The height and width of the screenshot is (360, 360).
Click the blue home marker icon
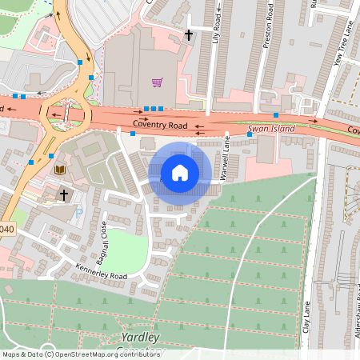(x=180, y=172)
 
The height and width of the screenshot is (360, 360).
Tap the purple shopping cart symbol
(x=157, y=82)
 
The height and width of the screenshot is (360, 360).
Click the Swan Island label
(x=270, y=128)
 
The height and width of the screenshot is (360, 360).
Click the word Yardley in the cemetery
(x=139, y=337)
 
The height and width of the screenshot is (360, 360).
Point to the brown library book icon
(x=58, y=170)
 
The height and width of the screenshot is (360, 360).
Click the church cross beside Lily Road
(x=189, y=34)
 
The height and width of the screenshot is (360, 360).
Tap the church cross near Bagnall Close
(x=64, y=194)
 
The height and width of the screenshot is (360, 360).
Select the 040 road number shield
(x=7, y=229)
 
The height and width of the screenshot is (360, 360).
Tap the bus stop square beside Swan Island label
(x=250, y=134)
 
